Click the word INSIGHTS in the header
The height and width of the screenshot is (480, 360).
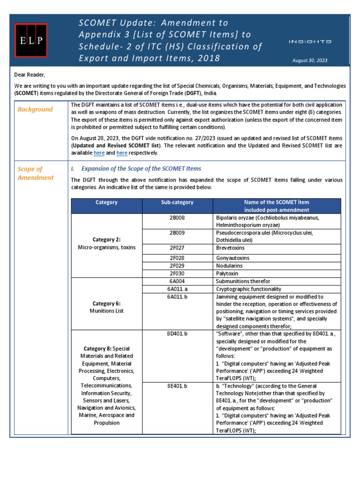pos(310,42)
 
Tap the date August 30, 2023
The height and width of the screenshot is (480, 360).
pos(310,60)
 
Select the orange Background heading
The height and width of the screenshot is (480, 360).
pos(35,109)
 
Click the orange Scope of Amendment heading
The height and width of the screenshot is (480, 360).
pos(36,173)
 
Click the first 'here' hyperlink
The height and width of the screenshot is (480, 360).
pos(99,153)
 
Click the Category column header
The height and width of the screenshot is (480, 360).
pos(106,202)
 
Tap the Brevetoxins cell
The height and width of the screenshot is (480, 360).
pos(230,247)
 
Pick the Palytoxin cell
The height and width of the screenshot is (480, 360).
pos(226,273)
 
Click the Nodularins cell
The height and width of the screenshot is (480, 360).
pos(229,265)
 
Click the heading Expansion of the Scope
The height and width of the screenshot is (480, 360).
pos(141,169)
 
